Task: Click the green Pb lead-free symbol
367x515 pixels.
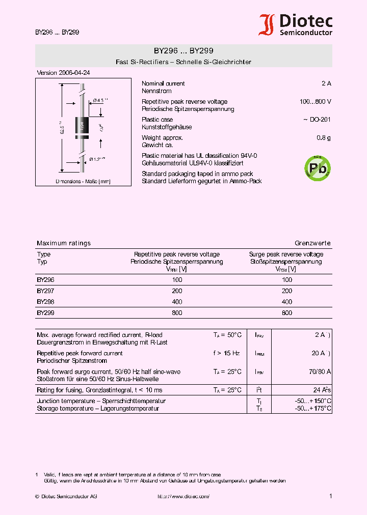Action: [x=317, y=167]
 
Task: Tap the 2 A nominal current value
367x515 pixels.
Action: [x=326, y=83]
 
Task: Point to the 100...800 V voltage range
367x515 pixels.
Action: [x=315, y=102]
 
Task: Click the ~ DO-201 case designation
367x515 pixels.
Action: [x=317, y=120]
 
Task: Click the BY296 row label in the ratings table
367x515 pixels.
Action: [x=45, y=280]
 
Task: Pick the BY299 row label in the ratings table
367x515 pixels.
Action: [x=45, y=313]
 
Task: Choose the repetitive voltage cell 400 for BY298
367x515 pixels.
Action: [x=177, y=302]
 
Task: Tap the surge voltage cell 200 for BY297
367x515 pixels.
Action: [x=287, y=291]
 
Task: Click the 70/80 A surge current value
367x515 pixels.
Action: [x=320, y=371]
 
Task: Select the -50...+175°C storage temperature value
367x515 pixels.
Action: [x=313, y=408]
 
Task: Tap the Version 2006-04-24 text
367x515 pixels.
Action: [x=63, y=73]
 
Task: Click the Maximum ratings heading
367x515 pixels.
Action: [x=64, y=243]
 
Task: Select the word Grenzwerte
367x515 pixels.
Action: [x=312, y=243]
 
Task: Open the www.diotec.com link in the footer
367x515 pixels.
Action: [x=183, y=496]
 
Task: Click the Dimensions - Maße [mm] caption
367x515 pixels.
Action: [x=83, y=181]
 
